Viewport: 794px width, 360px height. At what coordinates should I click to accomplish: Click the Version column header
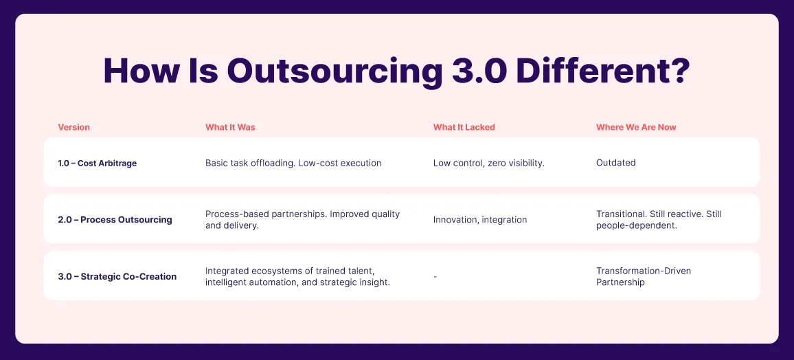pyautogui.click(x=74, y=127)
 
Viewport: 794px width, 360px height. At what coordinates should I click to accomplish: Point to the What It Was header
pyautogui.click(x=230, y=127)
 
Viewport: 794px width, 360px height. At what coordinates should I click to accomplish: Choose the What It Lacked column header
pyautogui.click(x=464, y=127)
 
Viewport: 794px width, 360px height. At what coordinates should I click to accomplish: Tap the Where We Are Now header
pyautogui.click(x=636, y=127)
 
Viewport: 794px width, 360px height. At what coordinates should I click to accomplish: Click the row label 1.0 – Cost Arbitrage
pyautogui.click(x=98, y=163)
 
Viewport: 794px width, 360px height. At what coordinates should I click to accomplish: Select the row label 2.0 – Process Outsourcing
pyautogui.click(x=115, y=220)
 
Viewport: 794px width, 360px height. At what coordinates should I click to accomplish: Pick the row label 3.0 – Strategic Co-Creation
pyautogui.click(x=117, y=276)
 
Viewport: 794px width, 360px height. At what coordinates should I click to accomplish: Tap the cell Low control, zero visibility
pyautogui.click(x=488, y=163)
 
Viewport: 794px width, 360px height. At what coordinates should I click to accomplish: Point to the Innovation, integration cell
pyautogui.click(x=480, y=220)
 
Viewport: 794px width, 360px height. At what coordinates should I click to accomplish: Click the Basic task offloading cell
pyautogui.click(x=293, y=163)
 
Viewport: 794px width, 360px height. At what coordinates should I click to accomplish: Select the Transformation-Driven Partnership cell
pyautogui.click(x=644, y=276)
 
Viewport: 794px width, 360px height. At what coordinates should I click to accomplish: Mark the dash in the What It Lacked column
pyautogui.click(x=435, y=277)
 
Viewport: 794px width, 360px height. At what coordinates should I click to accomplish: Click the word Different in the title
pyautogui.click(x=588, y=71)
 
